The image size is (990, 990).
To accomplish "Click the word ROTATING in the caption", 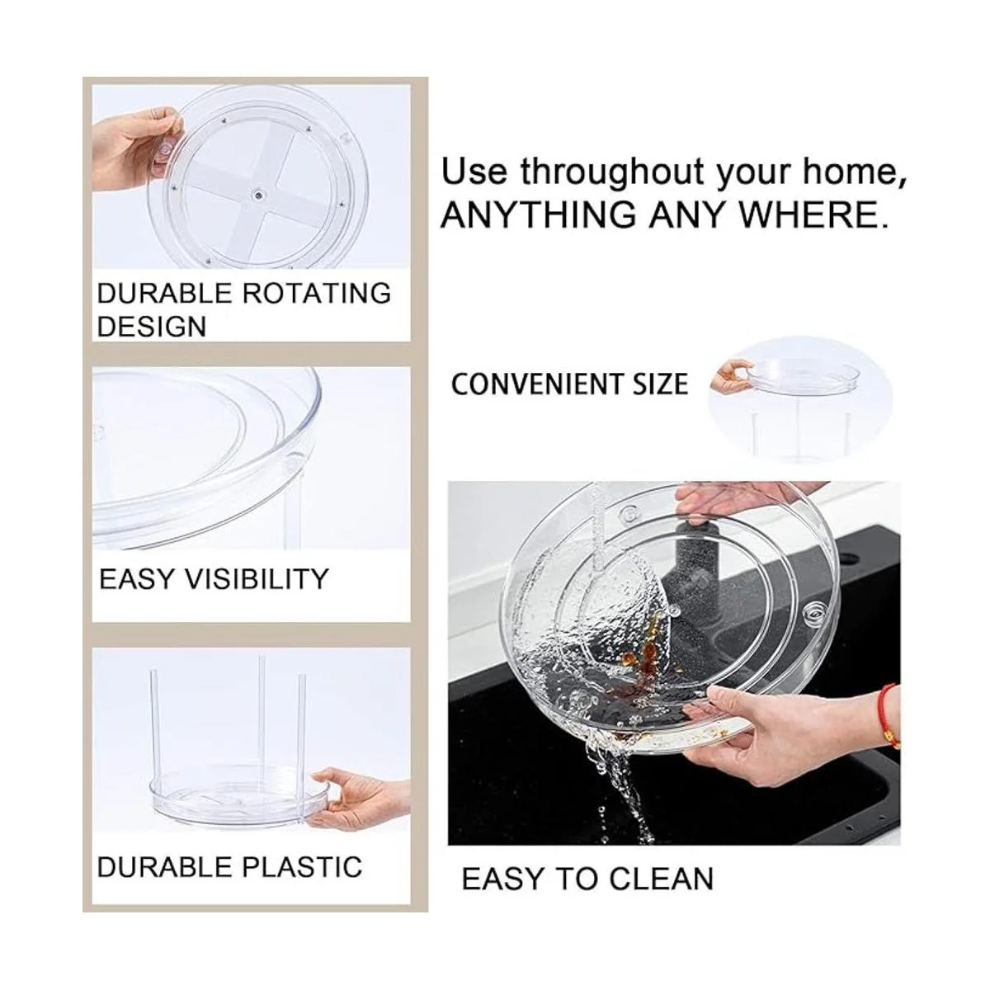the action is tap(317, 294).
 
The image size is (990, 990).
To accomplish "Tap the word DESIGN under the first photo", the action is tap(152, 326).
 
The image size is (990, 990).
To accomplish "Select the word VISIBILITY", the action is tap(256, 579).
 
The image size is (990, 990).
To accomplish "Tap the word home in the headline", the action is tap(851, 172).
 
